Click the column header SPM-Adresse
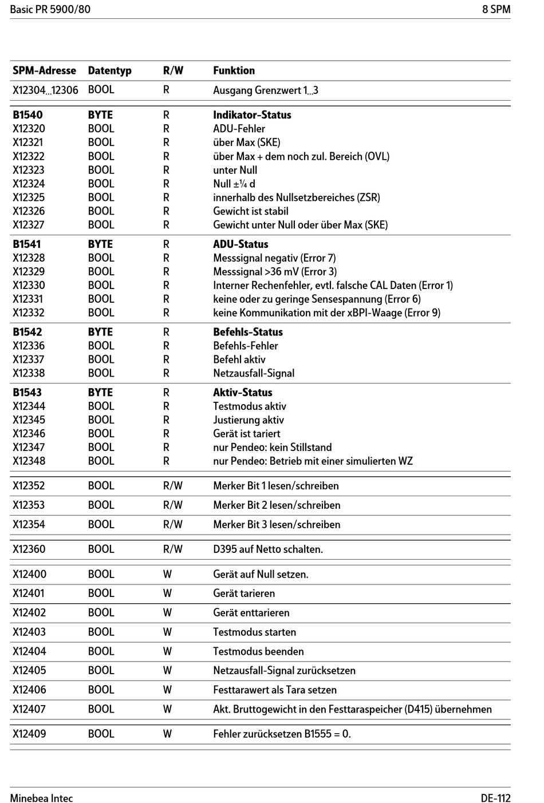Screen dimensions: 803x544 (44, 70)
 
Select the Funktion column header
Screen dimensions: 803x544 (234, 70)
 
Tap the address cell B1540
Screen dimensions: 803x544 (27, 114)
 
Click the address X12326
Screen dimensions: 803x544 (29, 211)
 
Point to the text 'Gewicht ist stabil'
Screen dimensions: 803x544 (250, 211)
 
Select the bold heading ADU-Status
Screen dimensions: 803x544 (241, 244)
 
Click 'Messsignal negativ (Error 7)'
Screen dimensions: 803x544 (274, 258)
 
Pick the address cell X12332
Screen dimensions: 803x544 (29, 313)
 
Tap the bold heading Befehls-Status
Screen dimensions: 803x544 (248, 332)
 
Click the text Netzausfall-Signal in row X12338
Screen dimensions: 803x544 (254, 373)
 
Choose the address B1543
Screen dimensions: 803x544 (27, 393)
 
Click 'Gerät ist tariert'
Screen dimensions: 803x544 (246, 434)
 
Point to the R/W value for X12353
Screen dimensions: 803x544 (172, 505)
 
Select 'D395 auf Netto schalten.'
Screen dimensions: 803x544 (268, 549)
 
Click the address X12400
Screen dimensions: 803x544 (29, 574)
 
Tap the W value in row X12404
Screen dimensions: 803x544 (167, 651)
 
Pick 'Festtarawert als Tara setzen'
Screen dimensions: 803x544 (275, 690)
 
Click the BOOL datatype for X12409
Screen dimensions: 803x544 (101, 734)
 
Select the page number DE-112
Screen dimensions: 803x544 (495, 798)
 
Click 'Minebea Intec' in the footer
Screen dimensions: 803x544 (41, 798)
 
